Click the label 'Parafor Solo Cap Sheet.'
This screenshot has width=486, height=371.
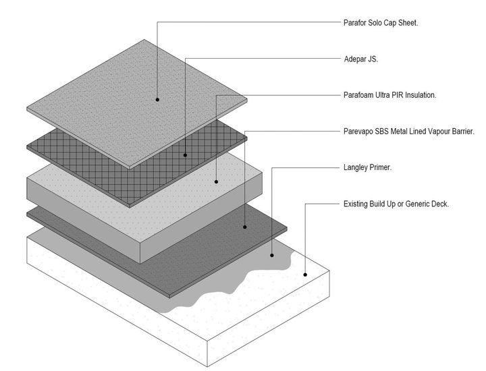tap(381, 23)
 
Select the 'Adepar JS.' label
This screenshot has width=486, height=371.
tap(361, 59)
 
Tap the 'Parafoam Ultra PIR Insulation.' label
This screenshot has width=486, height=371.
tap(390, 95)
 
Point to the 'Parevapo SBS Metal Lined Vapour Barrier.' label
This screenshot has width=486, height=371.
tap(409, 132)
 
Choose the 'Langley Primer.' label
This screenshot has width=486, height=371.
tap(368, 167)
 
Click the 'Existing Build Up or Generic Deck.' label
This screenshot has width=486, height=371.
tap(396, 204)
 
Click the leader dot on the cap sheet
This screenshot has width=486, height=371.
tap(157, 100)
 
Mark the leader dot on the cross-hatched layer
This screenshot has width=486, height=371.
tap(186, 155)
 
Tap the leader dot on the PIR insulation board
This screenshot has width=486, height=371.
tap(217, 181)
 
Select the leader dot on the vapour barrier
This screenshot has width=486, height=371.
tap(245, 227)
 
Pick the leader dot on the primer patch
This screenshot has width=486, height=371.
tap(272, 255)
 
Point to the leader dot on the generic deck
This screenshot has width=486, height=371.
tap(305, 275)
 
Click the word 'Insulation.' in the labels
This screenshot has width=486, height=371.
tap(421, 95)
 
